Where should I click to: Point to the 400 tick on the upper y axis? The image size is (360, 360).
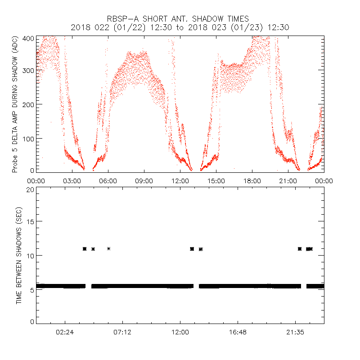[x=28, y=39]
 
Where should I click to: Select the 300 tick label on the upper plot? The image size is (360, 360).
[x=28, y=71]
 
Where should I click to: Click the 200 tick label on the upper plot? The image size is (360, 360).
[x=28, y=104]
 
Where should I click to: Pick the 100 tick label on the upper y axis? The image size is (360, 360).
[x=28, y=138]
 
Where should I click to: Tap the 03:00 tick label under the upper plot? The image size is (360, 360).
[x=72, y=180]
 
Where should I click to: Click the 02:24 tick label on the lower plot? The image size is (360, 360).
[x=65, y=332]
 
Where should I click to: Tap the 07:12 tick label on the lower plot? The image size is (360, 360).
[x=122, y=332]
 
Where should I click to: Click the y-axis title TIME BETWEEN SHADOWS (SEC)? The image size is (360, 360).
[x=19, y=256]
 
